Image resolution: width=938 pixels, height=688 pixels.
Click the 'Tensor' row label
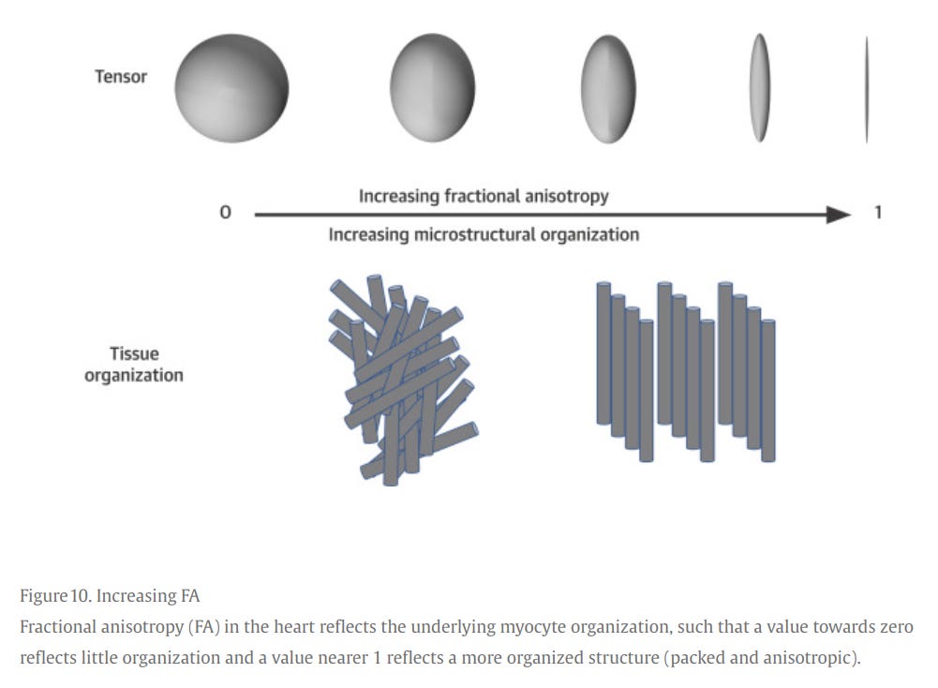pos(121,77)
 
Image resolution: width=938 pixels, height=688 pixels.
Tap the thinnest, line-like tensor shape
pos(867,89)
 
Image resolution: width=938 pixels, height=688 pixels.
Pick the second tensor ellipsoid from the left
pos(433,86)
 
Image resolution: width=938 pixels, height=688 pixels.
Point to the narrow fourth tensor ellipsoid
pos(759,87)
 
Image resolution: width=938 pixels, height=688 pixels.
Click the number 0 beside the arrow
pos(225,214)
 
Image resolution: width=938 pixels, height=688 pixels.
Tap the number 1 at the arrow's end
pos(878,213)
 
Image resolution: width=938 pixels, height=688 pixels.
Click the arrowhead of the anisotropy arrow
pos(839,215)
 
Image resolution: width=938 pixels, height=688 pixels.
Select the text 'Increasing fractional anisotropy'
pos(484,196)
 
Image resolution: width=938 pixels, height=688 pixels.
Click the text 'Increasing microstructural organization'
pos(484,234)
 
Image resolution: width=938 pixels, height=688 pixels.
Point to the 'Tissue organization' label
pos(134,365)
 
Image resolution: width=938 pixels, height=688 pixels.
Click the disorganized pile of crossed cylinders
pos(402,379)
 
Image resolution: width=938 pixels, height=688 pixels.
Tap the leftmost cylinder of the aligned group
pos(604,352)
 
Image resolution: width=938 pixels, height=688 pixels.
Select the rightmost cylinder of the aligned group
pos(768,390)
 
